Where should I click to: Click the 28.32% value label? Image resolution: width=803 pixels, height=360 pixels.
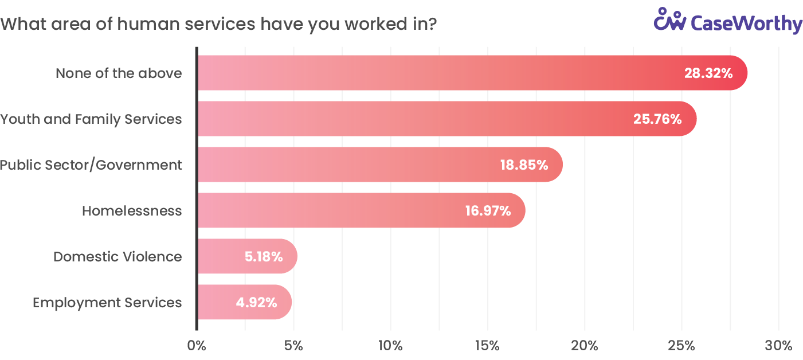point(708,73)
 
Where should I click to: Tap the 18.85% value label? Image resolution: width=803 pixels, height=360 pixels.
point(524,165)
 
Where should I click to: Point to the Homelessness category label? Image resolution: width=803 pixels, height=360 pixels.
point(132,211)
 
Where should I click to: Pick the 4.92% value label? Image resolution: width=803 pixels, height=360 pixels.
point(257,302)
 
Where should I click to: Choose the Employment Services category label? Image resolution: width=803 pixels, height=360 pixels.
point(107,303)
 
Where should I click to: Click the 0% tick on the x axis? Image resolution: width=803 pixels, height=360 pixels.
point(197,346)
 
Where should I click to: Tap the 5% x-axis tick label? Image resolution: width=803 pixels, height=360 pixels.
point(293,346)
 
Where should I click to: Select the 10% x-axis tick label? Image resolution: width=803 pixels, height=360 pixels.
point(390,346)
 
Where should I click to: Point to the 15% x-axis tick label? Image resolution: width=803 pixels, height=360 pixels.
point(487,346)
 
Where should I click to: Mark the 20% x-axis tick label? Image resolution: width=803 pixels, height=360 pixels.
point(585,346)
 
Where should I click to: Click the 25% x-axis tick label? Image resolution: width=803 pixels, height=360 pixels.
point(681,346)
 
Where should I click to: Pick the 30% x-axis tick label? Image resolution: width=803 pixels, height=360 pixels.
point(778,346)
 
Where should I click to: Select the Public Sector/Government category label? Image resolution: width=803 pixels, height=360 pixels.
point(91,165)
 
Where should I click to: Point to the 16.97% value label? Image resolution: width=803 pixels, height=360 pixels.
point(488,211)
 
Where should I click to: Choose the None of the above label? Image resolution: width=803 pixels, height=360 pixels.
point(119,73)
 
